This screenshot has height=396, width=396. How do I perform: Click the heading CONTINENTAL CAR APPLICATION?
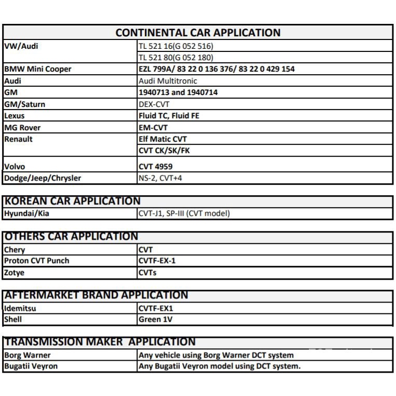198,33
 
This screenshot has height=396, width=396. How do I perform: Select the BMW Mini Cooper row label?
37,69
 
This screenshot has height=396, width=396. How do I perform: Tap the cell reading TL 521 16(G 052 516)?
176,46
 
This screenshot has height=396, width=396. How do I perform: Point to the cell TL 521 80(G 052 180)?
176,58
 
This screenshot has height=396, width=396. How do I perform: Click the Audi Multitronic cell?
168,81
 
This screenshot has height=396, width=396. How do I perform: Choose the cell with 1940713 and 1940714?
178,92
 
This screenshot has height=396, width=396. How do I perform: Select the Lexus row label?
15,116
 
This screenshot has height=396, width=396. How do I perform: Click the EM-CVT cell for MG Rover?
153,128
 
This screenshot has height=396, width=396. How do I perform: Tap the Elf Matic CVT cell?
162,139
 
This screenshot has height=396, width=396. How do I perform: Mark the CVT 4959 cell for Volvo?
156,167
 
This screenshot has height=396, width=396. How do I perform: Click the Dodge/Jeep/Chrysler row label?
43,178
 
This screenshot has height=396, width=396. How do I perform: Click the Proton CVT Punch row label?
36,261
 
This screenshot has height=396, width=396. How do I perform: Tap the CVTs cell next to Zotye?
147,272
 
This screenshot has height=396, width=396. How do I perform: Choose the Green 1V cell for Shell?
156,320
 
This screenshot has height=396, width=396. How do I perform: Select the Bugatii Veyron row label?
31,366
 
